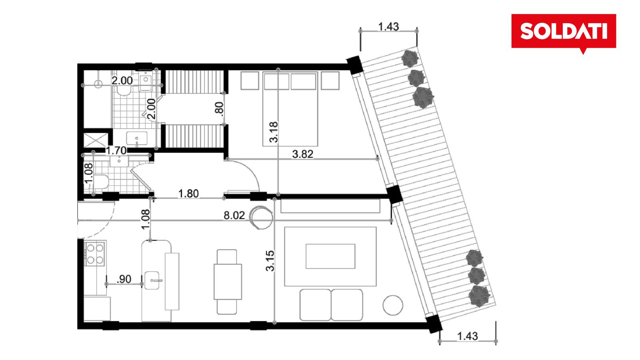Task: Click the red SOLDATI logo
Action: (x=564, y=32)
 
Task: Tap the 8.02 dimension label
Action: (x=234, y=216)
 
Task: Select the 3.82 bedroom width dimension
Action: (x=302, y=154)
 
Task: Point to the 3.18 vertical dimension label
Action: (x=274, y=132)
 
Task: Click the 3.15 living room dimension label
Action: (x=270, y=260)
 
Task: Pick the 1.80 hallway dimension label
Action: (x=188, y=194)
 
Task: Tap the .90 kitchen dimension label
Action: (x=124, y=279)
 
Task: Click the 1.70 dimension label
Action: (x=116, y=150)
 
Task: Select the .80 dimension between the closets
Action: (x=220, y=108)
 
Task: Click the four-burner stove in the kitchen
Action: (x=95, y=254)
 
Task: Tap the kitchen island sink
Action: (x=152, y=280)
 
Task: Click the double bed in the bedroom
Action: (x=290, y=109)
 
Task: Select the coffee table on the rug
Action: (x=330, y=256)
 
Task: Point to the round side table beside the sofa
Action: (x=393, y=305)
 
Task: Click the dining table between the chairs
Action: (x=228, y=282)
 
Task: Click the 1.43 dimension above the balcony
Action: (x=388, y=26)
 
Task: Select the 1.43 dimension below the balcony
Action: (x=468, y=336)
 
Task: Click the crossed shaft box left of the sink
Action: (x=96, y=140)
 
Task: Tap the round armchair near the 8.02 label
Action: (x=261, y=218)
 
